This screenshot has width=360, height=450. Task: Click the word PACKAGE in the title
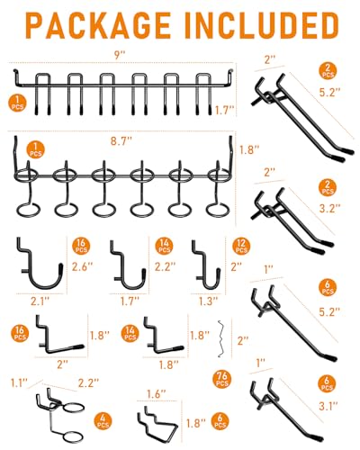97,25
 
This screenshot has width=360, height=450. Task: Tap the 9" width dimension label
120,56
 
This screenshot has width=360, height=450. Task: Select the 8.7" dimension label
121,140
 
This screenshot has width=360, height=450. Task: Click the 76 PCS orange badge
222,379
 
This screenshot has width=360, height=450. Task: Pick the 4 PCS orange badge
103,421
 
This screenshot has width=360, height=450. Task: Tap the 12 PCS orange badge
241,246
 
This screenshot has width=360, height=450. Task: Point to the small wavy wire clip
221,339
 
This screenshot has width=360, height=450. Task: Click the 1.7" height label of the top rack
225,111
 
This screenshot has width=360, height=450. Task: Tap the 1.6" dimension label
156,394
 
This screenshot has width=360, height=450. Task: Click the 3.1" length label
328,407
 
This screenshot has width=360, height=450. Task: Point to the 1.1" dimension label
19,383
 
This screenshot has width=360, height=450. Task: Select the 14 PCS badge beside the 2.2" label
164,246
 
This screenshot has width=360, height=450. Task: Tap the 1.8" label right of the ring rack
249,149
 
